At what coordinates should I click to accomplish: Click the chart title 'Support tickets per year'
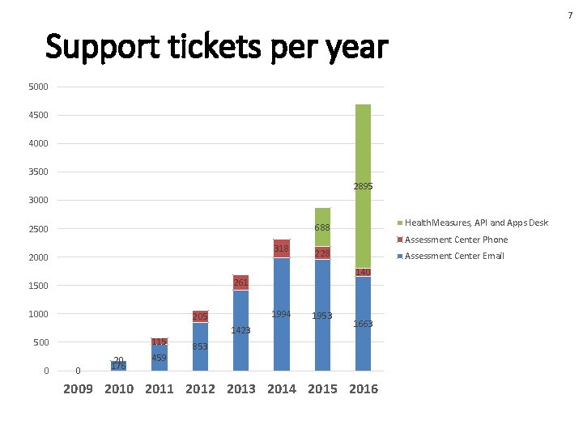(217, 48)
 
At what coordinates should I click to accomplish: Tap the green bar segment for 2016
(363, 186)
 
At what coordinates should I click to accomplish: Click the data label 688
(322, 228)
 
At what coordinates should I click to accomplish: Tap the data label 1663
(363, 324)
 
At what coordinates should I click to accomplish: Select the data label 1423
(241, 330)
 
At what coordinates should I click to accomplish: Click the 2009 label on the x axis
(78, 389)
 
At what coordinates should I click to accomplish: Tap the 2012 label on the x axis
(200, 389)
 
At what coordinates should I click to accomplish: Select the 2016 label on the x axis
(363, 389)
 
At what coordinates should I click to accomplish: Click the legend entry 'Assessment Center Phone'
(456, 240)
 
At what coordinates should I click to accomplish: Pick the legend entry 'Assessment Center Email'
(454, 256)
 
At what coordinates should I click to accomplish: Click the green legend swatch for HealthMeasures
(398, 223)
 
